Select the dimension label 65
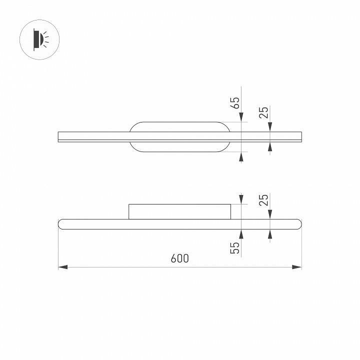pyautogui.click(x=235, y=103)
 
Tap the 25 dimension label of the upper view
pyautogui.click(x=264, y=112)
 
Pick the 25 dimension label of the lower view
pyautogui.click(x=264, y=199)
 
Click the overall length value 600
pyautogui.click(x=179, y=258)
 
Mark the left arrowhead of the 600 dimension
pyautogui.click(x=62, y=267)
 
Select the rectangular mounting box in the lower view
pyautogui.click(x=180, y=211)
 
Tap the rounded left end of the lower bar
pyautogui.click(x=62, y=224)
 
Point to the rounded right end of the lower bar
pyautogui.click(x=298, y=224)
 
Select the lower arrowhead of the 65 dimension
pyautogui.click(x=241, y=157)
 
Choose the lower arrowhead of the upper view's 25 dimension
pyautogui.click(x=270, y=146)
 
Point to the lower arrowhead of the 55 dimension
pyautogui.click(x=241, y=233)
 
